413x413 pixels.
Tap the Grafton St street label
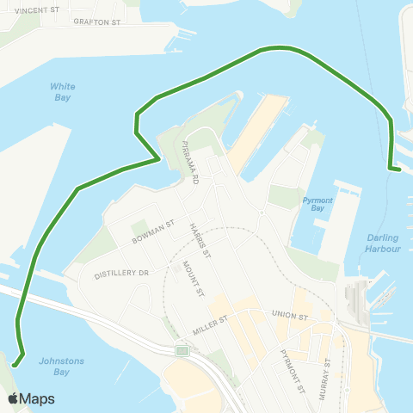coord(97,22)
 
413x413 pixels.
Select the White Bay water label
coord(63,91)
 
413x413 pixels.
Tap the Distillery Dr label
coord(122,273)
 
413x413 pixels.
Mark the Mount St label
coord(200,280)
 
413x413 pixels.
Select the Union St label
coord(289,317)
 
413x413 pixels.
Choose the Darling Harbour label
coord(383,243)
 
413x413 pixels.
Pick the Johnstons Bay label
coord(62,367)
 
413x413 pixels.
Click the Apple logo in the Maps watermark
coord(14,398)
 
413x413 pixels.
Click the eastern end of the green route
coord(400,170)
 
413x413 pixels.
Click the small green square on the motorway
coord(182,351)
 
